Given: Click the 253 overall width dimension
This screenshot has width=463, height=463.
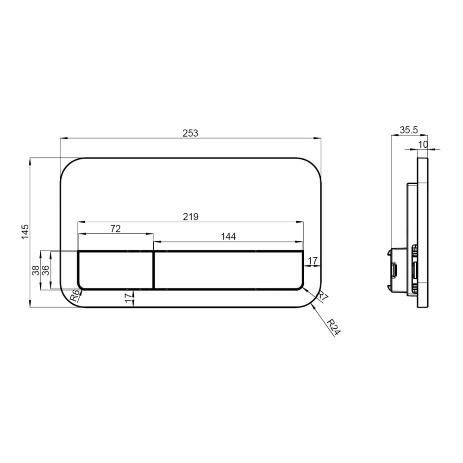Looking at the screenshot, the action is [190, 133].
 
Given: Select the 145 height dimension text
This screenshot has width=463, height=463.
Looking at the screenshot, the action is [25, 232].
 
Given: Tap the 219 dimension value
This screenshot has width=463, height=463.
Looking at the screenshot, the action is [190, 217].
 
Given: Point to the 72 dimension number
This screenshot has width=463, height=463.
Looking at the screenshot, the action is [115, 229].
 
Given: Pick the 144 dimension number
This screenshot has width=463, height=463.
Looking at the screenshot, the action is [228, 236].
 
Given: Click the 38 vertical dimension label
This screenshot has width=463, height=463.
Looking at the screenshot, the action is [36, 270].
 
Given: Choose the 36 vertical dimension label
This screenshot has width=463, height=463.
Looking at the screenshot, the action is [45, 270].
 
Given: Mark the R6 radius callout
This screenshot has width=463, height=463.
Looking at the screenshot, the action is [75, 295].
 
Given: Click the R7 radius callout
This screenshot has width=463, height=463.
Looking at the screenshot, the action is [322, 296].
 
